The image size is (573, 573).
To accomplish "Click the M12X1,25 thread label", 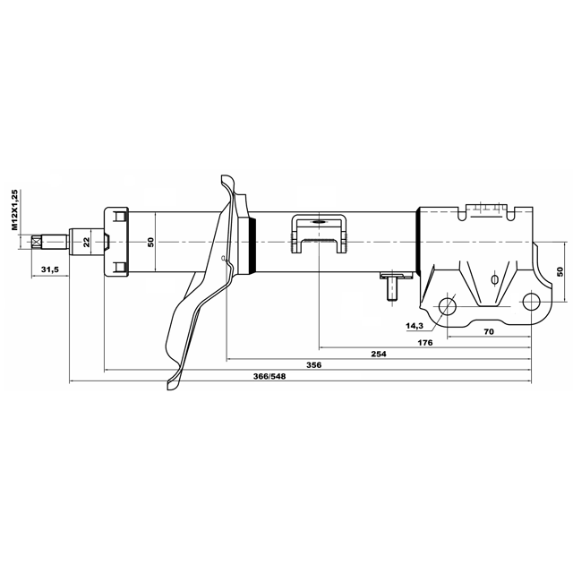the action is (x=14, y=210).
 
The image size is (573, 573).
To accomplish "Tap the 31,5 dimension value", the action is (x=50, y=269).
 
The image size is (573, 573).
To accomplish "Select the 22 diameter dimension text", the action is (x=86, y=242).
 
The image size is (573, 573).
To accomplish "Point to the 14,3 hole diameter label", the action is (x=415, y=326).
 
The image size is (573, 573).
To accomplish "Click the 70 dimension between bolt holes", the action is (x=489, y=331).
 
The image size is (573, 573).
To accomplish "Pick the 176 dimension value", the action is (x=425, y=342).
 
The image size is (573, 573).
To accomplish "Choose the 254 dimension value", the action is (x=379, y=354).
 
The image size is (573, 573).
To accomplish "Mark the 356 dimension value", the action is (x=314, y=364).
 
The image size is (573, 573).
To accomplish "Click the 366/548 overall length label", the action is (x=269, y=376).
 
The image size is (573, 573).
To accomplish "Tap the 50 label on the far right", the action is (x=560, y=271).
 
